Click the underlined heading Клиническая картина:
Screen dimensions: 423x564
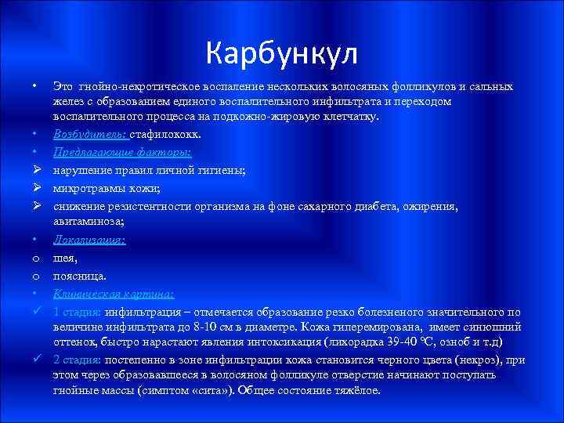(x=114, y=295)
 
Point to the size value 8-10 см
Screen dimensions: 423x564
(x=219, y=327)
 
